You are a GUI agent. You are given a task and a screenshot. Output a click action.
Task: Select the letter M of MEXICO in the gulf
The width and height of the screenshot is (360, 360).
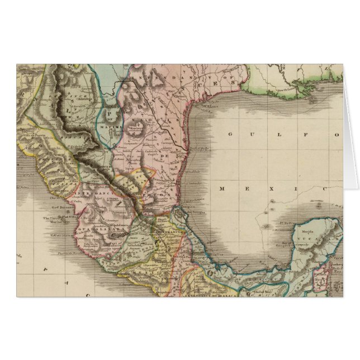pos(222,189)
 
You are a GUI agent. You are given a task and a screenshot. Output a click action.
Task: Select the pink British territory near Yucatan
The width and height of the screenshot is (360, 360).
pos(320,278)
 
